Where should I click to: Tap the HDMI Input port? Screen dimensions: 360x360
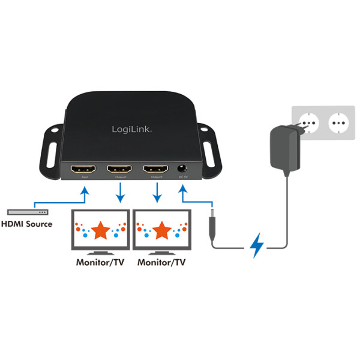(82, 171)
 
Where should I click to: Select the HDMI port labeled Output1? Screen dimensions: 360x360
(119, 171)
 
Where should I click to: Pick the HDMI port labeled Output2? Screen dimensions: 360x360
(156, 171)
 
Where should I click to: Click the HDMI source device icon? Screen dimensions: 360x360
(28, 212)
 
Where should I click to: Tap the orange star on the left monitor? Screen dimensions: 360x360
(100, 229)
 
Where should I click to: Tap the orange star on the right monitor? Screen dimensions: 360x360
(162, 229)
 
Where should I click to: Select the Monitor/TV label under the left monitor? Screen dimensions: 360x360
(100, 262)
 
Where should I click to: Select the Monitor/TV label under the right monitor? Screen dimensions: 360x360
(162, 262)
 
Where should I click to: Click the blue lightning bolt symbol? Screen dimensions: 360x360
(257, 245)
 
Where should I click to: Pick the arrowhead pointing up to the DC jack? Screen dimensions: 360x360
(182, 191)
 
